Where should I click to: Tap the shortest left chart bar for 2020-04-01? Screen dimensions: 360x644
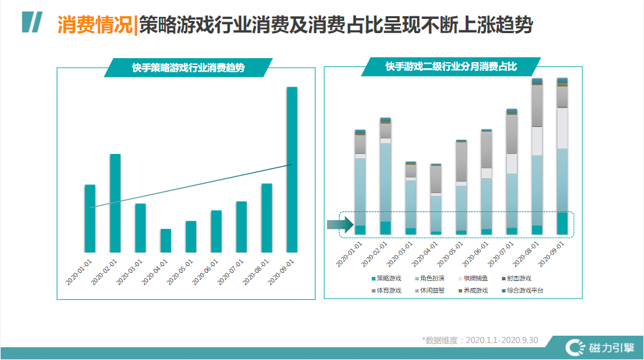[166, 240]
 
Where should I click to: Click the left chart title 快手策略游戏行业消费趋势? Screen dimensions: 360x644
[188, 68]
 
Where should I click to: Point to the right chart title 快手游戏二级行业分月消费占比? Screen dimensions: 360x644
[451, 67]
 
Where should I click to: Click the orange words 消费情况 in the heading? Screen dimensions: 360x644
[95, 25]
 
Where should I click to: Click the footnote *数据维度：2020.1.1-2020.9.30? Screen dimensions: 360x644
[479, 340]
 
